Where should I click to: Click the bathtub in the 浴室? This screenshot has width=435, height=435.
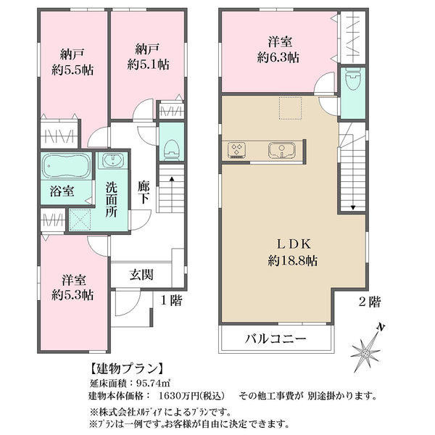(66, 166)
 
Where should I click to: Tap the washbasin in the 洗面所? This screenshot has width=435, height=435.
(112, 160)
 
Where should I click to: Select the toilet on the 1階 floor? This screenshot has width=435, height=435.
(171, 149)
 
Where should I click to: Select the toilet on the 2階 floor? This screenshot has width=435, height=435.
(352, 79)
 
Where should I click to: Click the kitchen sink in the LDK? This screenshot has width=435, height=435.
(281, 150)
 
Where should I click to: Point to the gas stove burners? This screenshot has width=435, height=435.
(236, 150)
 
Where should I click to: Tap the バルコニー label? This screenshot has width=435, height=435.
(275, 339)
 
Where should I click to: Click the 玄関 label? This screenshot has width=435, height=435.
(141, 275)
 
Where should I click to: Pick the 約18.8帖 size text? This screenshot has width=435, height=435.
(293, 260)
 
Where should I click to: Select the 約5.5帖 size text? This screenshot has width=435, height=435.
(72, 70)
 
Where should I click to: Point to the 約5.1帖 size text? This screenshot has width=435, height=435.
(148, 65)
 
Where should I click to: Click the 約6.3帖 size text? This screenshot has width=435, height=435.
(278, 58)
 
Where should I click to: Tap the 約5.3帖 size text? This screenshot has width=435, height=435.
(72, 295)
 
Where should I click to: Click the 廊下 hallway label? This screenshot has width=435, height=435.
(144, 192)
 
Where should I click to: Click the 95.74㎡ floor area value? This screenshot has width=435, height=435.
(153, 384)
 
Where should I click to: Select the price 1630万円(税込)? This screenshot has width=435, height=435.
(191, 396)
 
